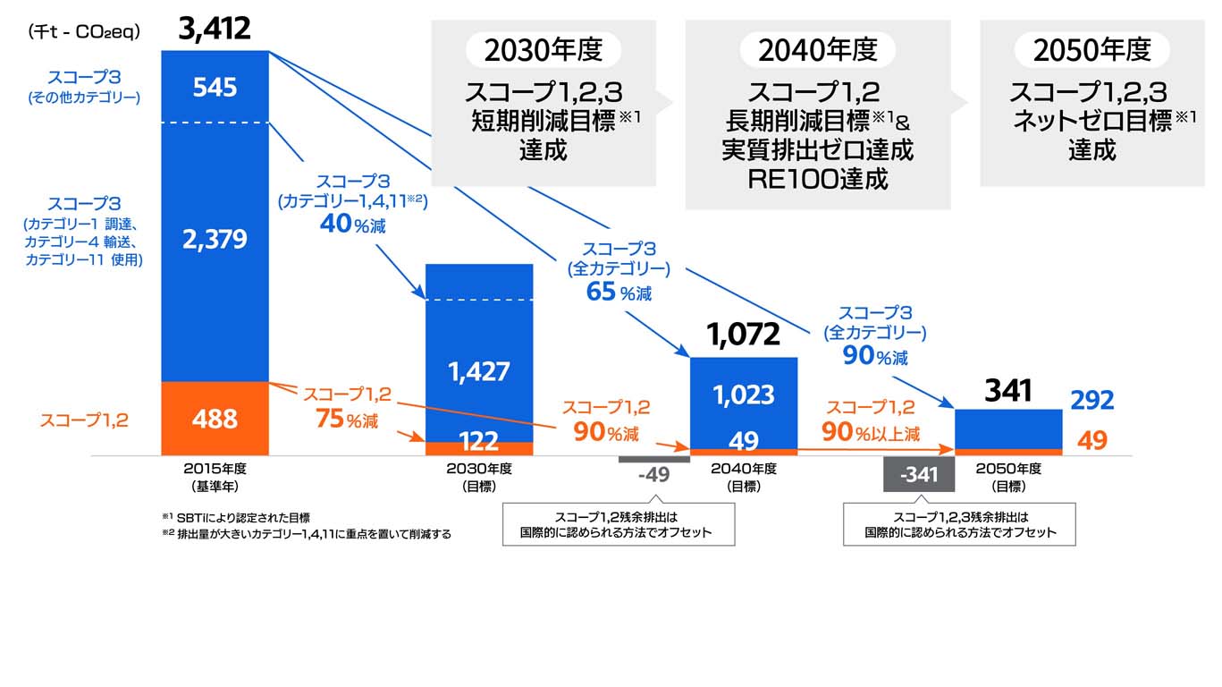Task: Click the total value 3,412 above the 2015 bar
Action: click(215, 29)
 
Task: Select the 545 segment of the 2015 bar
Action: click(215, 88)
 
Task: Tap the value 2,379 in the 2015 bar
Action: click(215, 240)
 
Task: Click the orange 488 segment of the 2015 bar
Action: click(215, 419)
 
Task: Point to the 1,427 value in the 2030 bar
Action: click(478, 371)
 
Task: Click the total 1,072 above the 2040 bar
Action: click(744, 335)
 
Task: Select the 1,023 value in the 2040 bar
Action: click(744, 394)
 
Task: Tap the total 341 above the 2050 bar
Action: click(1008, 390)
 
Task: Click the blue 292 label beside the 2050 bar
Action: click(1091, 401)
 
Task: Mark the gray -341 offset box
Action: click(919, 474)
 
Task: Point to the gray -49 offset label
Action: click(654, 474)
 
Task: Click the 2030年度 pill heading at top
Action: click(544, 50)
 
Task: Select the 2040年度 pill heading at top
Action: click(818, 50)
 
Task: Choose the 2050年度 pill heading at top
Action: click(1091, 50)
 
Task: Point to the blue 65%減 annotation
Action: click(619, 292)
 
